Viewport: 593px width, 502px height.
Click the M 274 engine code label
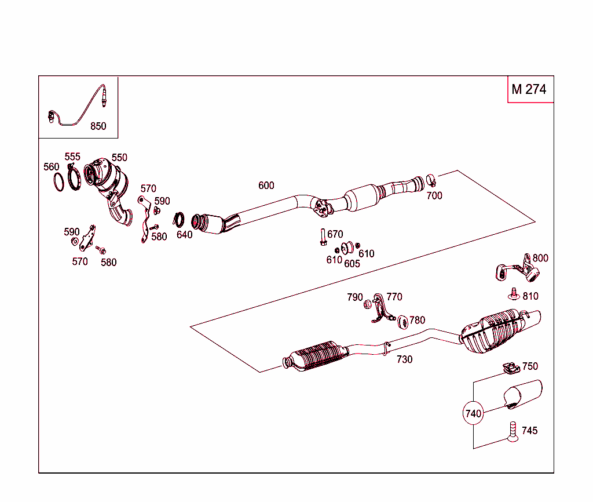coord(529,89)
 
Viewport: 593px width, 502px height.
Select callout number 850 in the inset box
coord(98,126)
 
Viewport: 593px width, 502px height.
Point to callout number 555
coord(72,157)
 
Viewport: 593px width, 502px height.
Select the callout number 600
coord(266,185)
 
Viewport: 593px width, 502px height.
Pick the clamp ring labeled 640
coord(180,220)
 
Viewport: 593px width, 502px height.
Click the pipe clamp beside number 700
coord(431,180)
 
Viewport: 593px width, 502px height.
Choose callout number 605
coord(352,264)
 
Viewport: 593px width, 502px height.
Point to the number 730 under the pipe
coord(405,359)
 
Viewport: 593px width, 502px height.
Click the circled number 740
coord(473,414)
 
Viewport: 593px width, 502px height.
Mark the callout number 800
coord(540,258)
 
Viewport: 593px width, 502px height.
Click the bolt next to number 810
coord(513,294)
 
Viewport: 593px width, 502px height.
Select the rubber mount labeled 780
coord(401,320)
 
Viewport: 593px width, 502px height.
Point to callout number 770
coord(394,297)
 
